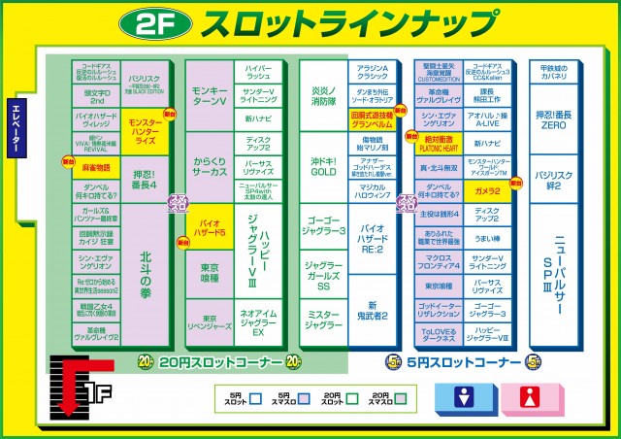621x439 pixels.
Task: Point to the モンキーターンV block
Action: (209, 95)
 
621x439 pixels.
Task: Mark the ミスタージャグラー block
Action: (323, 319)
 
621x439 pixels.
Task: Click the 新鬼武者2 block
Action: (374, 310)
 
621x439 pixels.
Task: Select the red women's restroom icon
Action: (531, 397)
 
